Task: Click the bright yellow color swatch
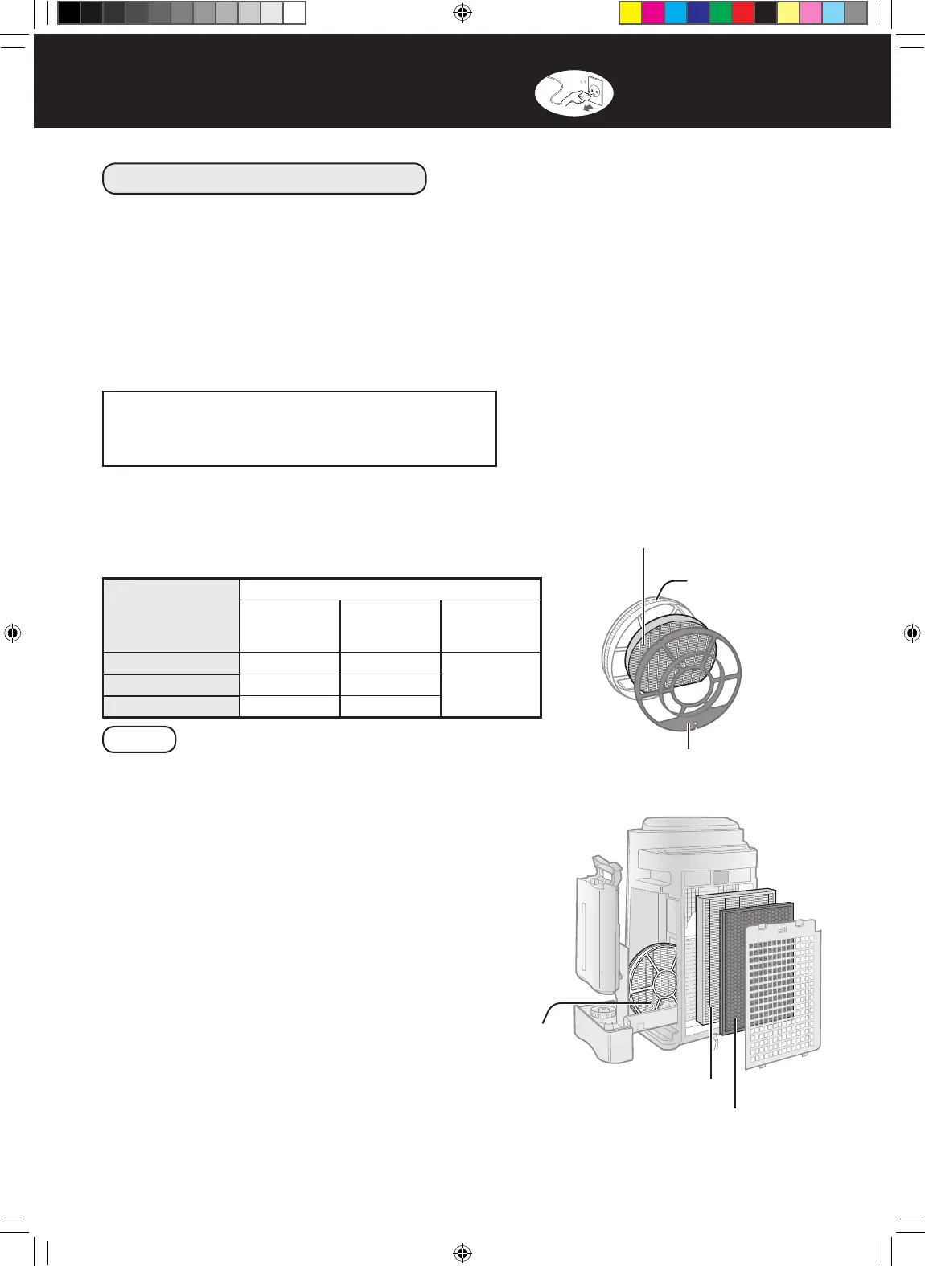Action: (x=631, y=13)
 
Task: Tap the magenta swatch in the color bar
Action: (x=653, y=13)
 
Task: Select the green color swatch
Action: (x=721, y=13)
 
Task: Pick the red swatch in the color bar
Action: (x=743, y=13)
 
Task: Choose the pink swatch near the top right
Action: (x=811, y=13)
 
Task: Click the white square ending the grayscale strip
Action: (x=294, y=13)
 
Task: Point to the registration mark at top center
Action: (x=462, y=13)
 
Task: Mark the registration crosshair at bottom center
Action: (x=462, y=1252)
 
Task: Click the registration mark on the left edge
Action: (x=13, y=633)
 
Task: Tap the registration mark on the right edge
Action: (x=911, y=633)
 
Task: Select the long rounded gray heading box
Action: (x=264, y=178)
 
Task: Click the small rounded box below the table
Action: (x=139, y=740)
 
